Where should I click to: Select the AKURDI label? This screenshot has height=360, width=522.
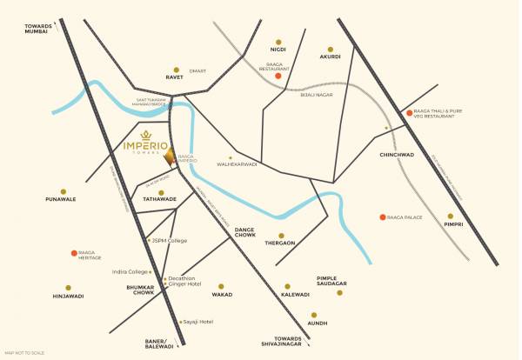click(331, 58)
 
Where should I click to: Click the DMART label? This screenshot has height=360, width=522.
click(197, 70)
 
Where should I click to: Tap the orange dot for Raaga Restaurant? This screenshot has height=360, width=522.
click(278, 77)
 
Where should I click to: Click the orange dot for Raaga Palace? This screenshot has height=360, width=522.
click(383, 217)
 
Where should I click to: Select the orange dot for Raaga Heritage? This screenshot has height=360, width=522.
click(73, 253)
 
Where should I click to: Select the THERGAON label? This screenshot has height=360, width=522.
click(280, 243)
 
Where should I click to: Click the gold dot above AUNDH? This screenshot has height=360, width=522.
click(315, 315)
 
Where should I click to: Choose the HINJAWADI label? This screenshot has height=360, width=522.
click(68, 297)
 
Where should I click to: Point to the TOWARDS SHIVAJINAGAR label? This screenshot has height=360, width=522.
click(287, 340)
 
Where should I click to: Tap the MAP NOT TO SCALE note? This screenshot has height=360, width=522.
click(24, 353)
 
